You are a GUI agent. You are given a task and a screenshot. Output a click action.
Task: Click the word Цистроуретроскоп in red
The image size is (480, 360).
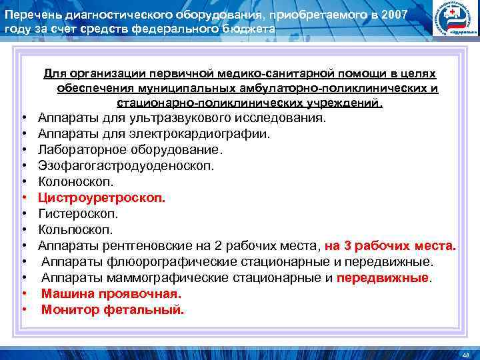click(x=101, y=198)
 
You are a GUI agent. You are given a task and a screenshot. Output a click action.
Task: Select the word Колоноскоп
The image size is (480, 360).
click(x=76, y=182)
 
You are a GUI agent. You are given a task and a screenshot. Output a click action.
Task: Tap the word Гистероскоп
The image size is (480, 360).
click(x=78, y=214)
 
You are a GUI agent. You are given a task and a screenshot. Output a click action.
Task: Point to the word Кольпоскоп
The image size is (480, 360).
click(x=75, y=230)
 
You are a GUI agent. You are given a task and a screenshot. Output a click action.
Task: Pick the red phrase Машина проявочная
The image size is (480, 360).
click(x=111, y=294)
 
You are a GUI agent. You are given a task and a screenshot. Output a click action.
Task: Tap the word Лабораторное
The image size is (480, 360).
click(x=79, y=150)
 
